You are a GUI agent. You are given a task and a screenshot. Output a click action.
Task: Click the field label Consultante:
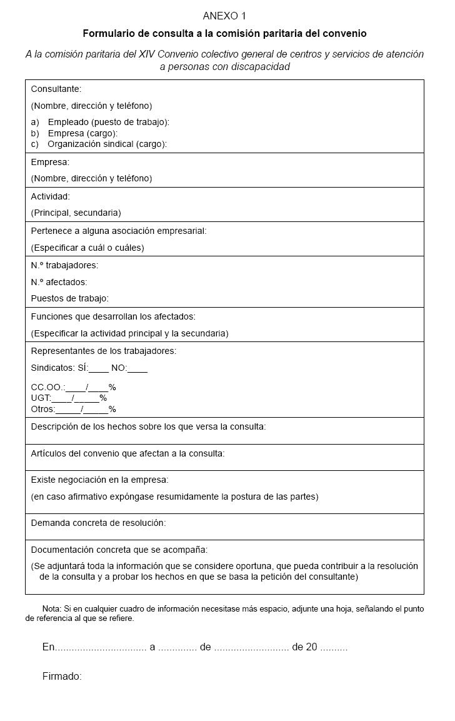pyautogui.click(x=56, y=89)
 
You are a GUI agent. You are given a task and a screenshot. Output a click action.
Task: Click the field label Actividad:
pyautogui.click(x=51, y=196)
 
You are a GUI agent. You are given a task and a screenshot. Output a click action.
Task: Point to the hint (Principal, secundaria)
pyautogui.click(x=76, y=213)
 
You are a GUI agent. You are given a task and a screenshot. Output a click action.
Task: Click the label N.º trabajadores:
pyautogui.click(x=64, y=265)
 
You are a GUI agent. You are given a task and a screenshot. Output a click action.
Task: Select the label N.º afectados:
pyautogui.click(x=59, y=282)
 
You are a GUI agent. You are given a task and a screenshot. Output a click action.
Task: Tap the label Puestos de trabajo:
pyautogui.click(x=69, y=298)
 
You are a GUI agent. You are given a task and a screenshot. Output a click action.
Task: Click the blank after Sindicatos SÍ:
pyautogui.click(x=99, y=369)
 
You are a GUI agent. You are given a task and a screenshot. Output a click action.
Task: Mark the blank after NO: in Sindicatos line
pyautogui.click(x=137, y=369)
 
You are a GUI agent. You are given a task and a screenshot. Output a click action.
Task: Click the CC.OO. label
pyautogui.click(x=47, y=387)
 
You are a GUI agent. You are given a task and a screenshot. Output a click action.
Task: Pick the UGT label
pyautogui.click(x=41, y=398)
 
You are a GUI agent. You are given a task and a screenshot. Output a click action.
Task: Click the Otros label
pyautogui.click(x=42, y=410)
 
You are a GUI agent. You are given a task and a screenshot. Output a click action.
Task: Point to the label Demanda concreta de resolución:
pyautogui.click(x=98, y=522)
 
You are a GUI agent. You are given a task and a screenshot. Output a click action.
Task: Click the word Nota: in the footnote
pyautogui.click(x=51, y=608)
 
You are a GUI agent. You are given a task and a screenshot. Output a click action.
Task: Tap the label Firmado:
pyautogui.click(x=62, y=676)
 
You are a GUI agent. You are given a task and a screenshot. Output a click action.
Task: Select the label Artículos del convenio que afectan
pyautogui.click(x=127, y=453)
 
